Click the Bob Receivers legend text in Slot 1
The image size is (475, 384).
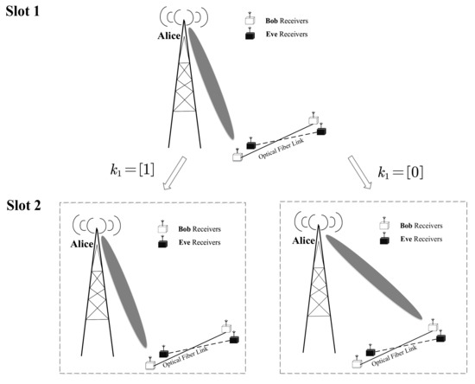pos(286,18)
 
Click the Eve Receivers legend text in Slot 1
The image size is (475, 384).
pos(285,35)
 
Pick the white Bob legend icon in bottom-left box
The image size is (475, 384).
pos(161,226)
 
